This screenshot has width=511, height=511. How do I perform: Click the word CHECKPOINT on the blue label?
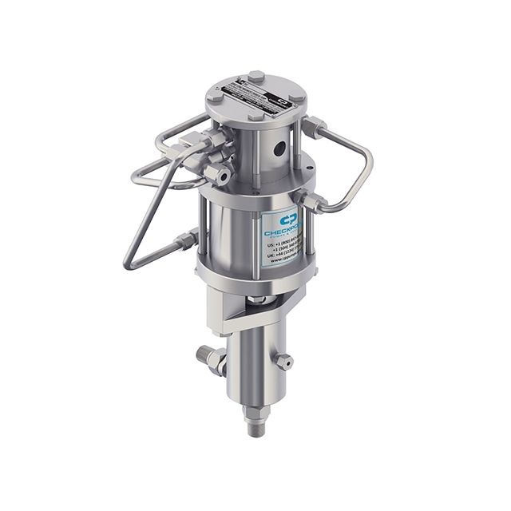click(284, 232)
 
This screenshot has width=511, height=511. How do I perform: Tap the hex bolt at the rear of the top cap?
click(255, 77)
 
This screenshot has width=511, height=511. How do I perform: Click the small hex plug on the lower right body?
click(284, 362)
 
